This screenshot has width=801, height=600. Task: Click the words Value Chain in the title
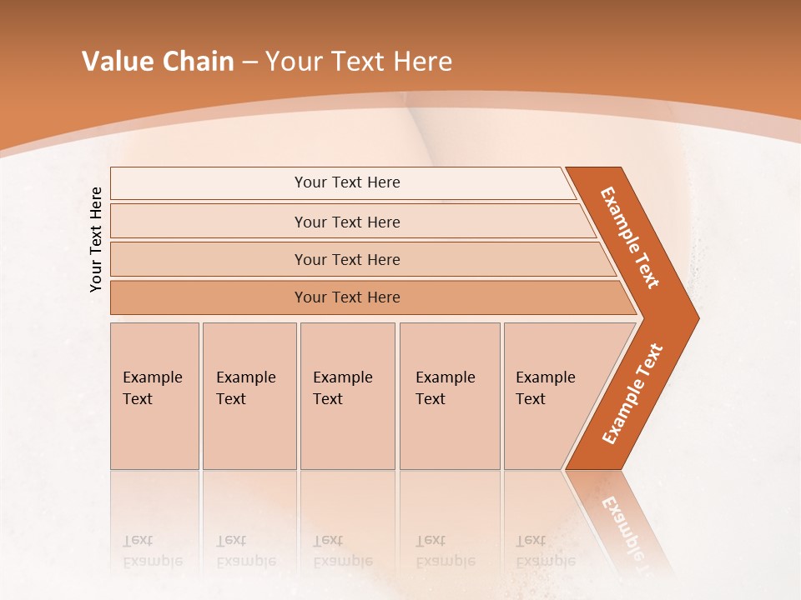pos(158,62)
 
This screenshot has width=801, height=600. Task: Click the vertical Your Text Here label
pos(96,239)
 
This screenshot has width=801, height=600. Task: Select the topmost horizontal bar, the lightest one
pos(209,183)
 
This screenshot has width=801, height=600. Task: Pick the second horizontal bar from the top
pos(209,222)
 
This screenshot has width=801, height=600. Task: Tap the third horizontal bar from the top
pos(209,259)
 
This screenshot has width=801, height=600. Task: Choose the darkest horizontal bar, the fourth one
pos(209,297)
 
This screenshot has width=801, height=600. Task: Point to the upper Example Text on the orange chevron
pos(630,237)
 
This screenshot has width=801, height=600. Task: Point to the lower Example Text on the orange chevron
pos(632,394)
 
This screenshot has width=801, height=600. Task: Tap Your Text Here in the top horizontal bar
pos(347,182)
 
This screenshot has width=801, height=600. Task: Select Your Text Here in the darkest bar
pos(347,297)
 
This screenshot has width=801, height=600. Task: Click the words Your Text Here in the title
pos(359,62)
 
